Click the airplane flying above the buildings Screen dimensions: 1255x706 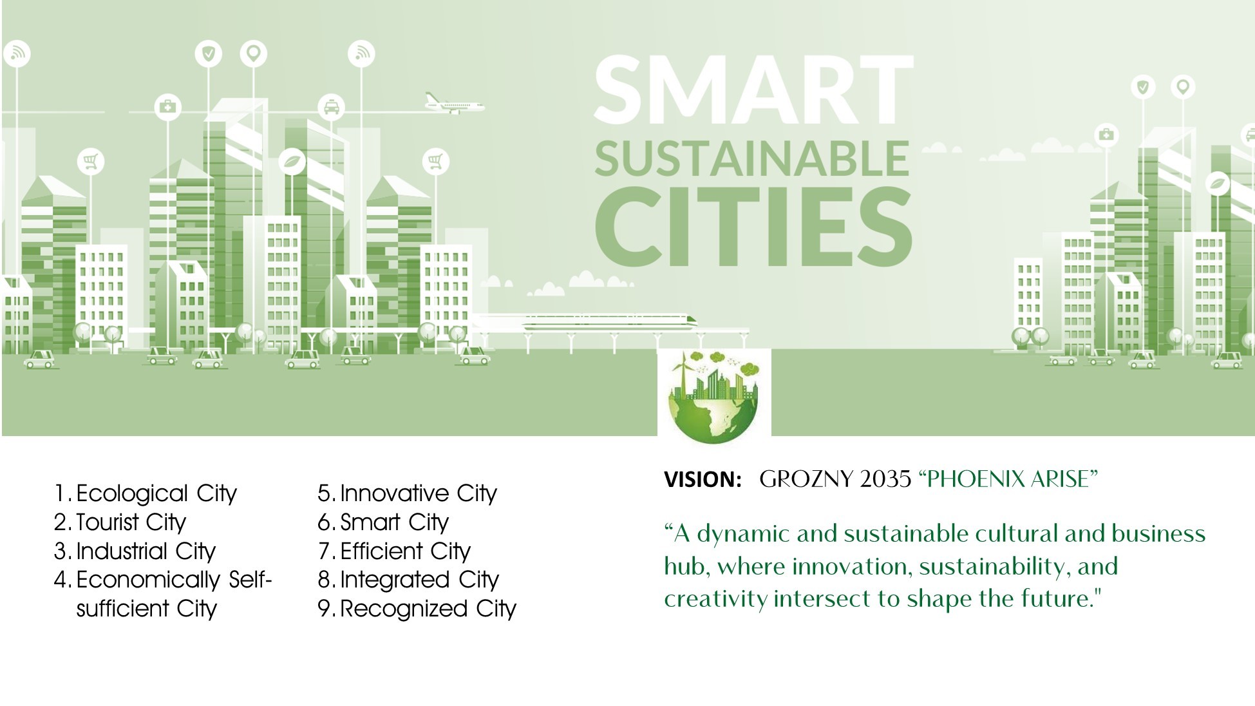pos(454,103)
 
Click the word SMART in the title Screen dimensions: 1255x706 pos(753,90)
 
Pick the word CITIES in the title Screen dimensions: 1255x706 pos(753,227)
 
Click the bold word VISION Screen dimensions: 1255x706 pos(703,479)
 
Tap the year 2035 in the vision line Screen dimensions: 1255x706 pos(885,479)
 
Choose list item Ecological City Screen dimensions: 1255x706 pos(156,494)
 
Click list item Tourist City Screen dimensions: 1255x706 pos(131,522)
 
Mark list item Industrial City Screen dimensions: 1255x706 pos(146,551)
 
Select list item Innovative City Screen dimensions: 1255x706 pos(419,494)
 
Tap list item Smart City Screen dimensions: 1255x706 pos(394,522)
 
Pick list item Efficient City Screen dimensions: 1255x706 pos(405,551)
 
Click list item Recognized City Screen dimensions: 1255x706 pos(428,609)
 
